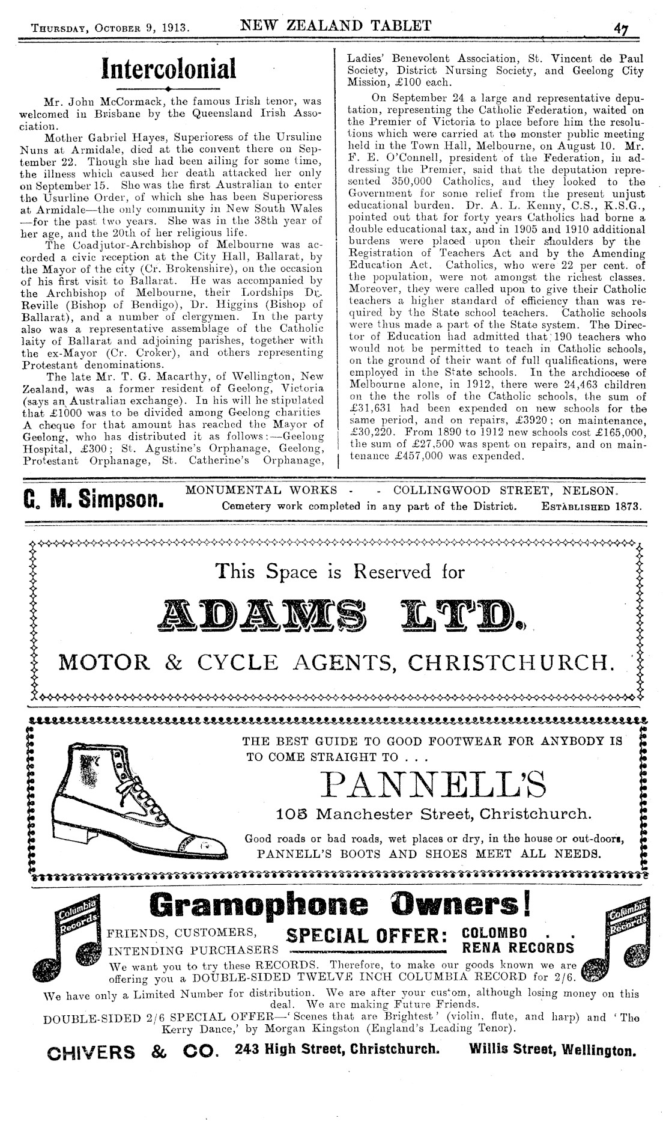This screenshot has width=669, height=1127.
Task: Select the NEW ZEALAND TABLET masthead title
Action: [x=335, y=25]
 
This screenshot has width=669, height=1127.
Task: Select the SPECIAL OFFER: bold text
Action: [x=366, y=935]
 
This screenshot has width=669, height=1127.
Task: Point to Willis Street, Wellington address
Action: [x=552, y=1051]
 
